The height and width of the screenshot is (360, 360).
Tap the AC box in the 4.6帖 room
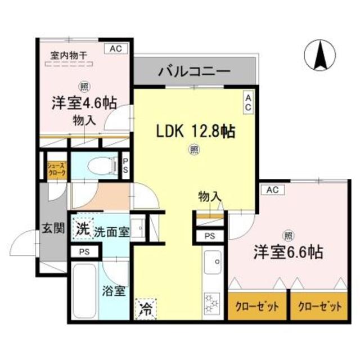(x=116, y=49)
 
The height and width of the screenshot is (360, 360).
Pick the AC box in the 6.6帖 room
(x=273, y=190)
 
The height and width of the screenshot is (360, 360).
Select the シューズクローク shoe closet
(x=56, y=169)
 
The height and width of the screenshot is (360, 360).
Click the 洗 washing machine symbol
(x=82, y=229)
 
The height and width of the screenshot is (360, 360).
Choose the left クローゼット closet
(x=256, y=307)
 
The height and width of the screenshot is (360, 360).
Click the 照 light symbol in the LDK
(x=193, y=150)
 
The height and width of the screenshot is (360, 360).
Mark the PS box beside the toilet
(x=126, y=166)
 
